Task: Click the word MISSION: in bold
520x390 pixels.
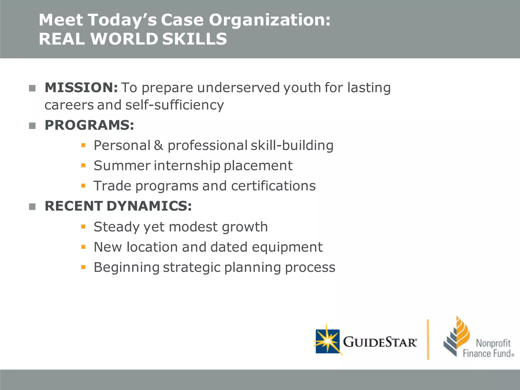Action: point(81,88)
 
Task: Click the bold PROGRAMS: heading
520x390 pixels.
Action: point(89,125)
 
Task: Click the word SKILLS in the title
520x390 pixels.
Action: point(194,39)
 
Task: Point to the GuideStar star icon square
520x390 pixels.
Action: point(328,341)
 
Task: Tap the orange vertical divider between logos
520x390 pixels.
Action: point(428,339)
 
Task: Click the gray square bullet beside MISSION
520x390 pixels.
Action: point(32,88)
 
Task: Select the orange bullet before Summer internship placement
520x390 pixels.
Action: point(83,166)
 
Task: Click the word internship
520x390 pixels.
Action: point(187,166)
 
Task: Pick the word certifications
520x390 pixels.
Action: point(273,186)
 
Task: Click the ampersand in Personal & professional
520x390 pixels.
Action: point(159,145)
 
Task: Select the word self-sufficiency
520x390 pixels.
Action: point(175,105)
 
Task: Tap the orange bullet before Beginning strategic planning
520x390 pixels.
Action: point(83,267)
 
